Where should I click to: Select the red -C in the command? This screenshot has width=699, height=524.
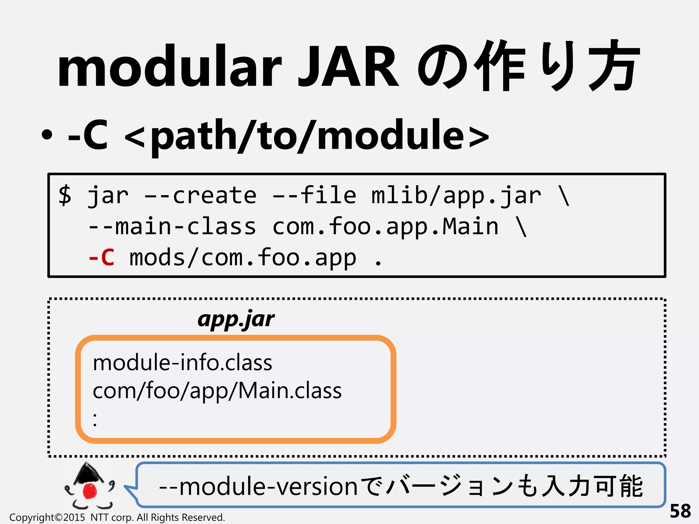point(101,258)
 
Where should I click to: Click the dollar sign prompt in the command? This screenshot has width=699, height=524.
point(65,195)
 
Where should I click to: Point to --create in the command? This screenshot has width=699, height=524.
point(200,195)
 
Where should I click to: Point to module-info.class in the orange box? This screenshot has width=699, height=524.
point(183,362)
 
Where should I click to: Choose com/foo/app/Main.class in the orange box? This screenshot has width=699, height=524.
point(217,391)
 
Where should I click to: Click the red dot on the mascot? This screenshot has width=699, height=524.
point(90,491)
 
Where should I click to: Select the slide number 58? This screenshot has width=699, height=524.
point(680,511)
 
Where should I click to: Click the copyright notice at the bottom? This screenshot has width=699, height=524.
point(117,518)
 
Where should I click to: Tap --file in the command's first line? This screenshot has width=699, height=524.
point(314,195)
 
